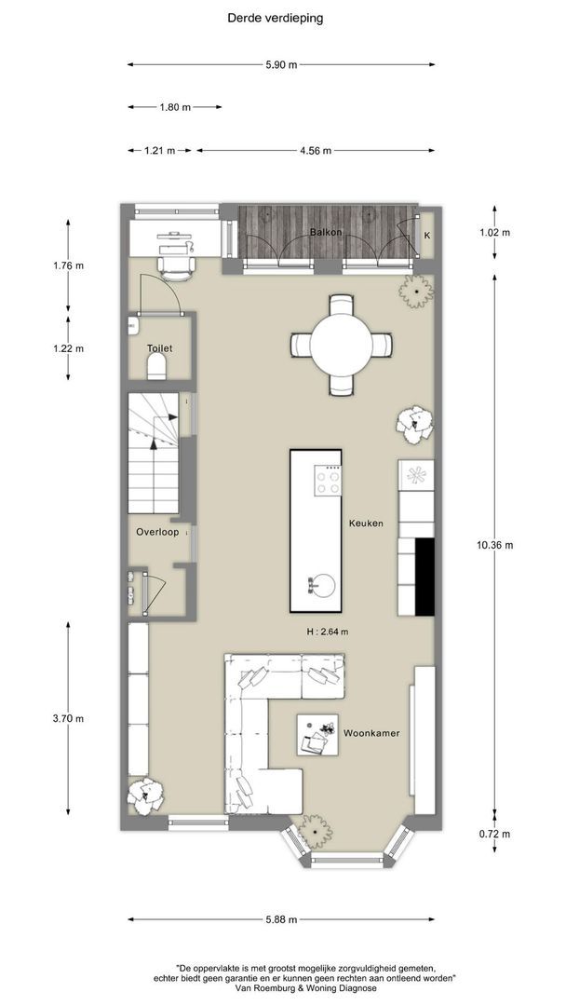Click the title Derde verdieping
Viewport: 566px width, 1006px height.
tap(275, 18)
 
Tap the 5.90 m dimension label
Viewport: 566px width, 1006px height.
tap(281, 65)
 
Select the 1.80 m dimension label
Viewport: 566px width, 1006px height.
tap(175, 107)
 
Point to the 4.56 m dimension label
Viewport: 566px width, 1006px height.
tap(316, 151)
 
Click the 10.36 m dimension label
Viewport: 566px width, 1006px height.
tap(495, 545)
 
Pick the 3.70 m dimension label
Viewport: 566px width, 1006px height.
tap(68, 718)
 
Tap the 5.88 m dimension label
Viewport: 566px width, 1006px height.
tap(281, 919)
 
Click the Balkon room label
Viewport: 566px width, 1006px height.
tap(326, 232)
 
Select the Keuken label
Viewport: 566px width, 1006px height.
tap(366, 523)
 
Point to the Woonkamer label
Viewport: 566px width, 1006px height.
tap(371, 733)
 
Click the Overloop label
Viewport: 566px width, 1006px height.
tap(157, 532)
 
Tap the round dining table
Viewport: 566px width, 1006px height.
tap(342, 345)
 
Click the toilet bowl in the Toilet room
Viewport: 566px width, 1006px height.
tap(157, 367)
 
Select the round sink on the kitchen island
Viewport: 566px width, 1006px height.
tap(324, 584)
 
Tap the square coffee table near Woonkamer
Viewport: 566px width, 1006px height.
tap(317, 735)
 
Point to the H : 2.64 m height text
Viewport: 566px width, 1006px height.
tap(328, 632)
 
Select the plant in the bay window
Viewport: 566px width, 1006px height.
tap(316, 831)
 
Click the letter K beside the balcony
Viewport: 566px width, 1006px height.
tap(427, 235)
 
